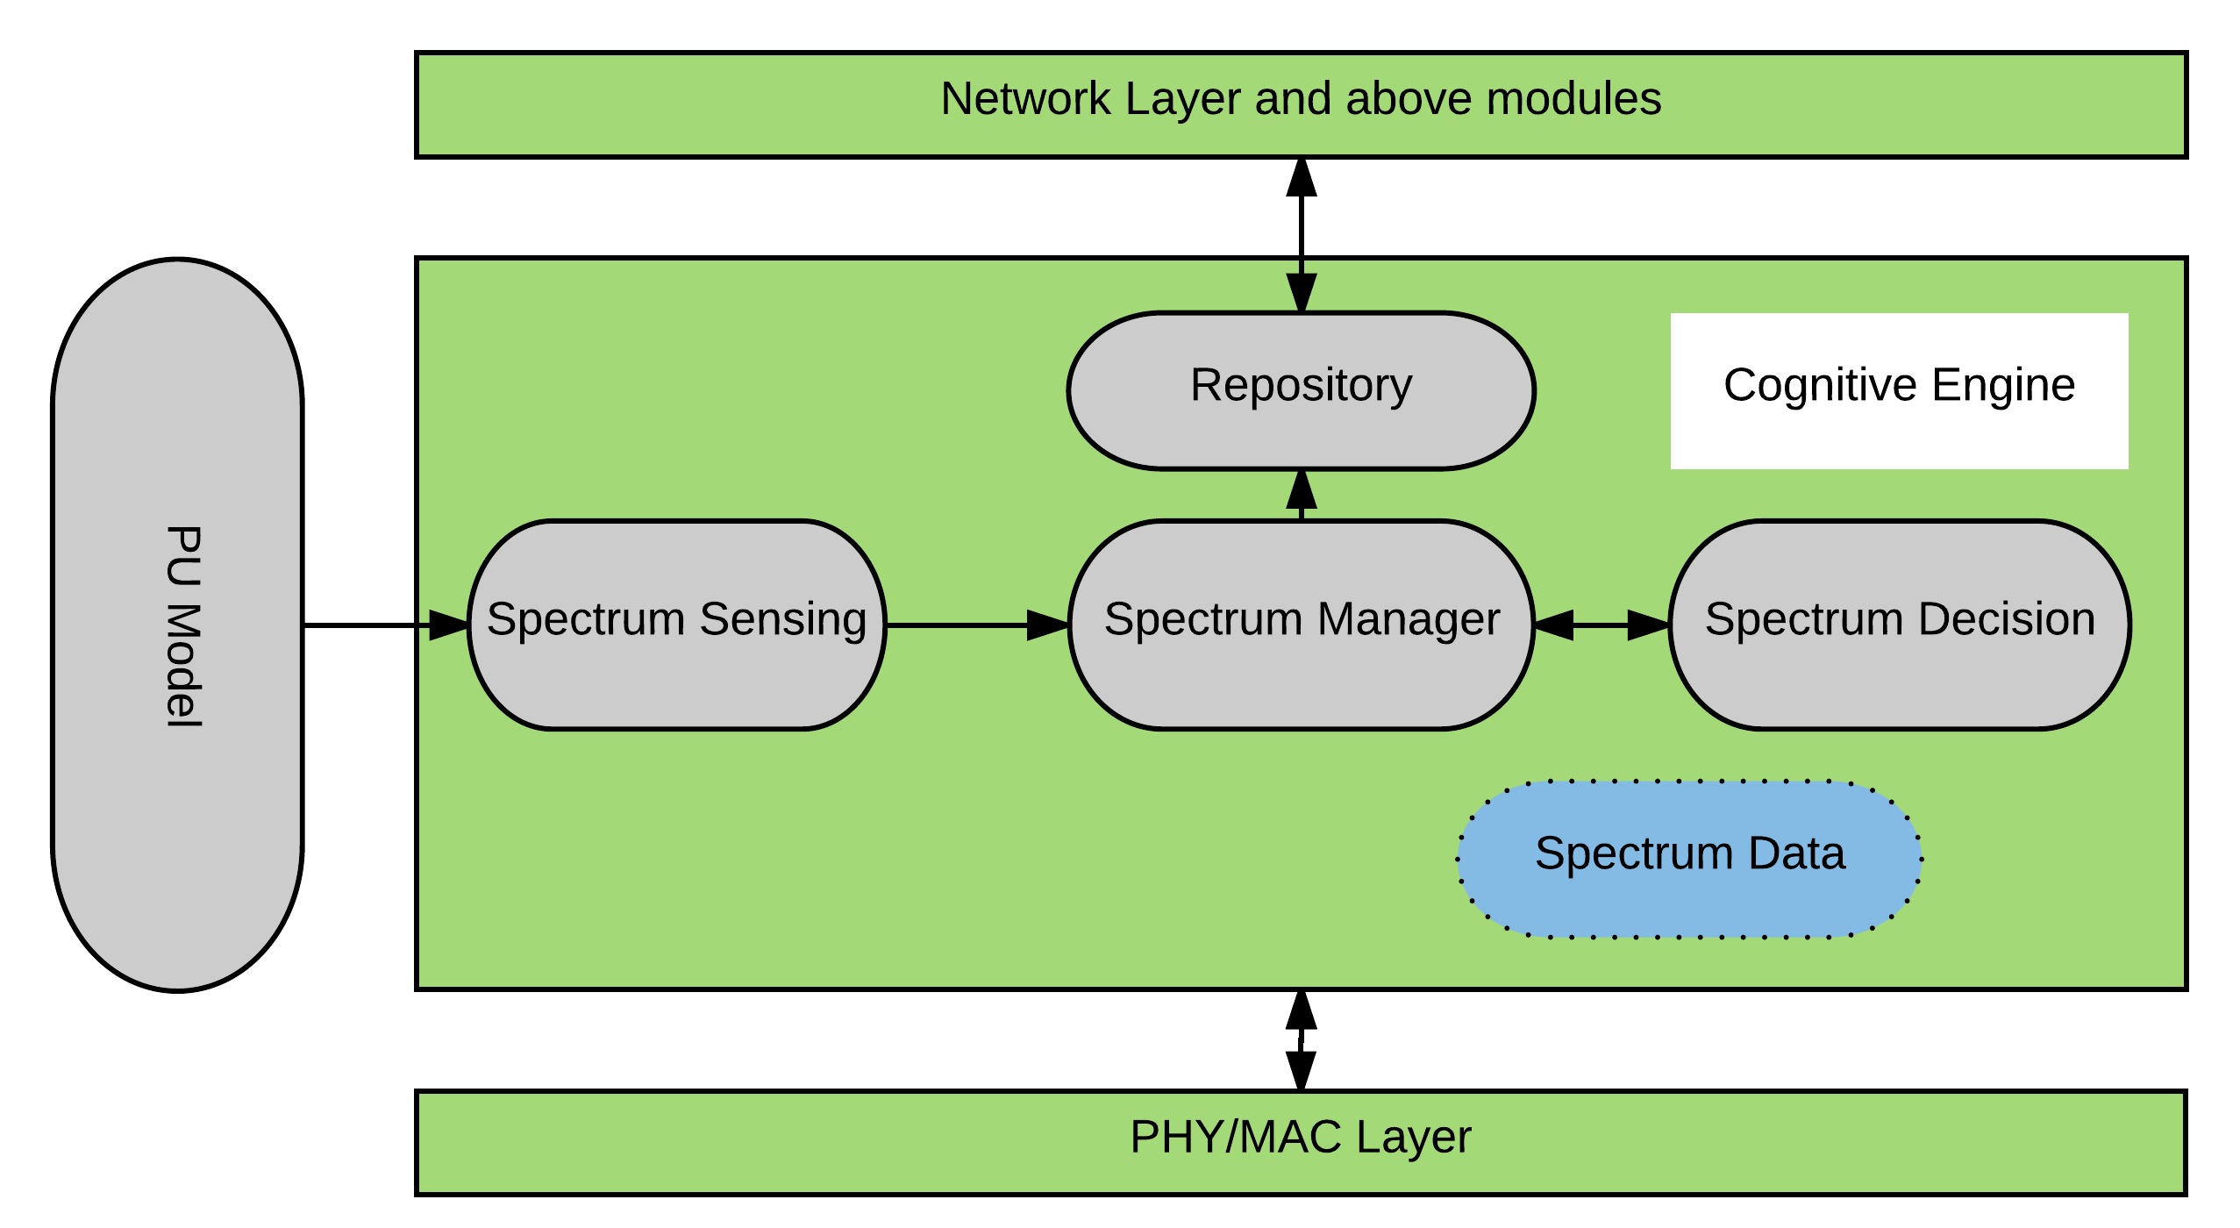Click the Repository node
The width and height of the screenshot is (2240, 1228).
[1301, 390]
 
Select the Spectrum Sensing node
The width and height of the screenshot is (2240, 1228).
[676, 625]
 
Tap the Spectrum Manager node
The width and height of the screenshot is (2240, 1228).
[1301, 625]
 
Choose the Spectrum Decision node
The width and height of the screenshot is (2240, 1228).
[1899, 625]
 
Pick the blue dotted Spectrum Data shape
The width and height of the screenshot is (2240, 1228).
[1689, 859]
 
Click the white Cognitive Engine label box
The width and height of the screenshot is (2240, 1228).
[1899, 390]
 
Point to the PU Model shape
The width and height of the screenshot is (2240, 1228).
[178, 625]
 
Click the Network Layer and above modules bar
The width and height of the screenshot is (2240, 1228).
[1301, 104]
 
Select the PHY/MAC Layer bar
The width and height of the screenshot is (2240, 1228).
[1301, 1142]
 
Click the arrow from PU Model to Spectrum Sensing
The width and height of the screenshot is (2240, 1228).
[377, 625]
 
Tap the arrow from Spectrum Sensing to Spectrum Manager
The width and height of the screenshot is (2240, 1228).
[974, 625]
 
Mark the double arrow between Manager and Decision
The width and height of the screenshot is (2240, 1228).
[1602, 625]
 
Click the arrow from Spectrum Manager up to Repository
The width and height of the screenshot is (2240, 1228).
[1302, 496]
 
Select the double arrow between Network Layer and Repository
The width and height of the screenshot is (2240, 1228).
[1302, 235]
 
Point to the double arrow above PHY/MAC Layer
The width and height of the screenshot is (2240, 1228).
[1301, 1040]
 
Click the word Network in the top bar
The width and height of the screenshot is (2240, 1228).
[1025, 98]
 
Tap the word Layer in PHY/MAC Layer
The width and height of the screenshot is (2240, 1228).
[1413, 1138]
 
